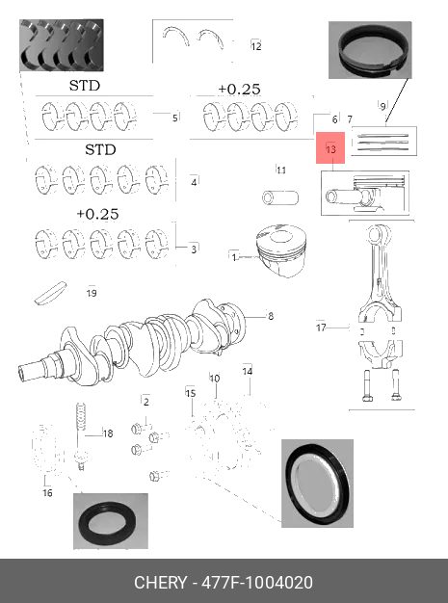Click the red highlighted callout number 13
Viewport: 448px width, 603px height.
[x=330, y=148]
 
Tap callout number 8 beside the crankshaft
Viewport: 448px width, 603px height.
[x=271, y=316]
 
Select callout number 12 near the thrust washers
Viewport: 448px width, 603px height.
[x=256, y=46]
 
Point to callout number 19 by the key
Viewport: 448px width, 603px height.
[x=92, y=293]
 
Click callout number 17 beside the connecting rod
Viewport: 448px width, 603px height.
[x=321, y=328]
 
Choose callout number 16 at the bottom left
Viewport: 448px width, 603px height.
[x=47, y=492]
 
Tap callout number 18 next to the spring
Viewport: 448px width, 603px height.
[x=108, y=433]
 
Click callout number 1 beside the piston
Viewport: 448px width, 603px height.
[x=234, y=257]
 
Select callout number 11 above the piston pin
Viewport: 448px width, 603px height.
[x=281, y=170]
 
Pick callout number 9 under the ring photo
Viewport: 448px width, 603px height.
[x=382, y=106]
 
